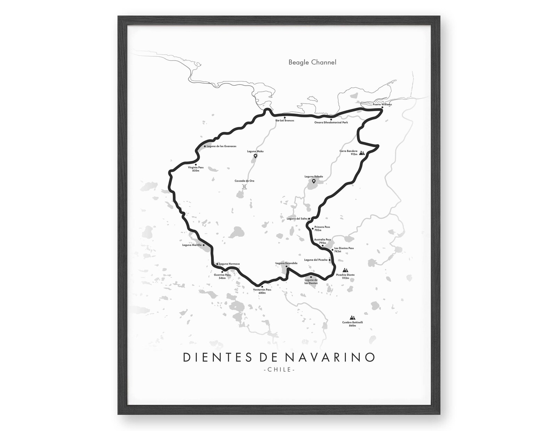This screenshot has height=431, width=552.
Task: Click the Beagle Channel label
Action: click(312, 63)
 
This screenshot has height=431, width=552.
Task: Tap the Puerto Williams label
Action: click(382, 104)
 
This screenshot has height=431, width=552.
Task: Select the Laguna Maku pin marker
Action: click(255, 156)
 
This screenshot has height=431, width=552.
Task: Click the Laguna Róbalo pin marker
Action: click(314, 181)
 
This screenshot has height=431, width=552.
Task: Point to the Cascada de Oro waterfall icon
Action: click(244, 187)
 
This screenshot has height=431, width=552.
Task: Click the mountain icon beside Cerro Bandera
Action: click(362, 153)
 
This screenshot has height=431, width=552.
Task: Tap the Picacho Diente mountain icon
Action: click(345, 270)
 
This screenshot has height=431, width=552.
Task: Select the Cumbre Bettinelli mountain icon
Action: click(352, 318)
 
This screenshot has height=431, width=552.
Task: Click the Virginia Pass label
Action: click(196, 169)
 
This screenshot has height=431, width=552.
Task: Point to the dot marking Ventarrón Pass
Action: click(262, 287)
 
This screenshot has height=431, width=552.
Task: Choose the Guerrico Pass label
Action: click(222, 277)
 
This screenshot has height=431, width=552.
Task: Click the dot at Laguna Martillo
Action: click(204, 245)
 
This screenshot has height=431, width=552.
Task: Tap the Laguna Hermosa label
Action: click(229, 264)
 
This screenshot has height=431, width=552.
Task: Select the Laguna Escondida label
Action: click(286, 263)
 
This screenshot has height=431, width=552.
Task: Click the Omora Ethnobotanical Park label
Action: click(331, 122)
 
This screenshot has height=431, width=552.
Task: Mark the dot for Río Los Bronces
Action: click(285, 118)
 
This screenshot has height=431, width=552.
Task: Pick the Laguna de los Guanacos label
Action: click(221, 146)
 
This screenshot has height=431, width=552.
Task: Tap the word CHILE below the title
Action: click(279, 370)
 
